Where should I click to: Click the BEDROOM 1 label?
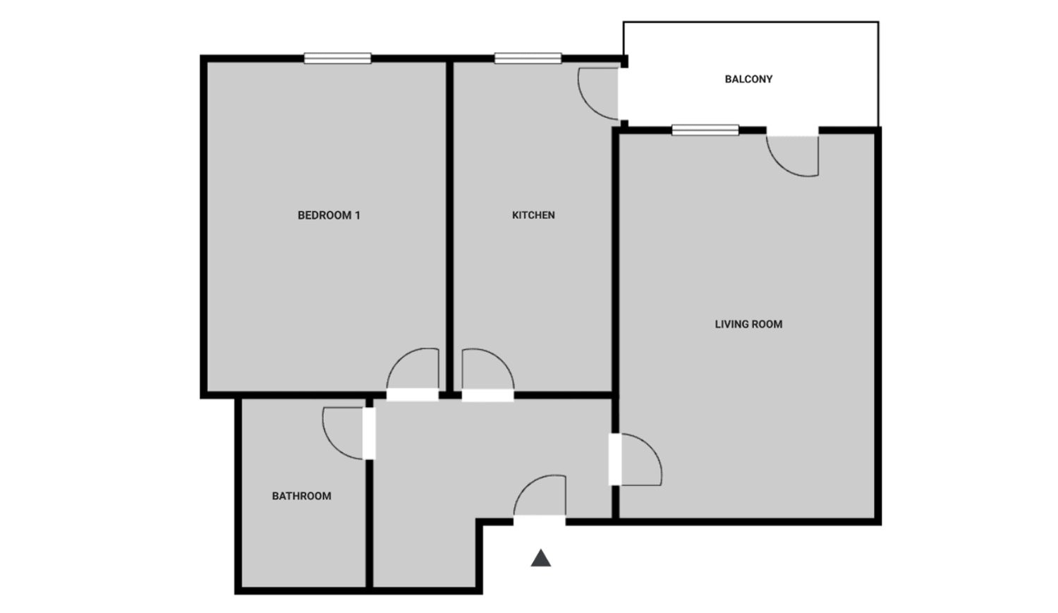pyautogui.click(x=329, y=215)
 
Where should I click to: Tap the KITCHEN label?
pyautogui.click(x=533, y=215)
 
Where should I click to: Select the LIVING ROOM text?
pyautogui.click(x=748, y=324)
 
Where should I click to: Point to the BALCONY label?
pyautogui.click(x=748, y=79)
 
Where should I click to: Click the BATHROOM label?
pyautogui.click(x=301, y=496)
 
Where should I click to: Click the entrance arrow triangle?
pyautogui.click(x=541, y=558)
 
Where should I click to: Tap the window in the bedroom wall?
pyautogui.click(x=337, y=58)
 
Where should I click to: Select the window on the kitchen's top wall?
pyautogui.click(x=528, y=58)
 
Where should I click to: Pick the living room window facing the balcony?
pyautogui.click(x=705, y=130)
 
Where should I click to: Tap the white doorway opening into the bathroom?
pyautogui.click(x=369, y=434)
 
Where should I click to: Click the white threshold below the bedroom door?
pyautogui.click(x=413, y=395)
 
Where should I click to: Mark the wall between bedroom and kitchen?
pyautogui.click(x=450, y=226)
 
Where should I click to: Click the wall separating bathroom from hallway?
pyautogui.click(x=370, y=523)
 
